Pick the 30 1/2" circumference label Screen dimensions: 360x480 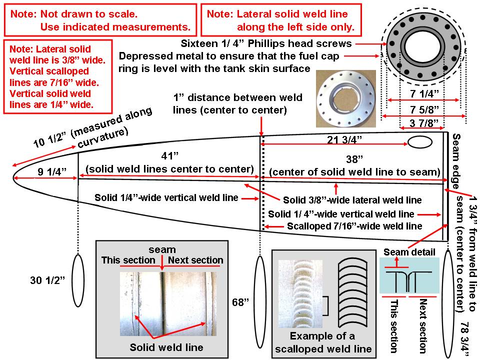[47, 280]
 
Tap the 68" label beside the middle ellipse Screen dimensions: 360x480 [238, 302]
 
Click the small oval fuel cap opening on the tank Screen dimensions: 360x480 [420, 143]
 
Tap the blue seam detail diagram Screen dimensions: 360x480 [409, 275]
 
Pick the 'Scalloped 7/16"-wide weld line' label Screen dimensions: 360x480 [354, 226]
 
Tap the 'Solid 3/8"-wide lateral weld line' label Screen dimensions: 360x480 [352, 200]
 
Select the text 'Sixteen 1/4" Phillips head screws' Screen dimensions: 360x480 [266, 43]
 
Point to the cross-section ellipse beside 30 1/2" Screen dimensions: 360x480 [78, 280]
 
